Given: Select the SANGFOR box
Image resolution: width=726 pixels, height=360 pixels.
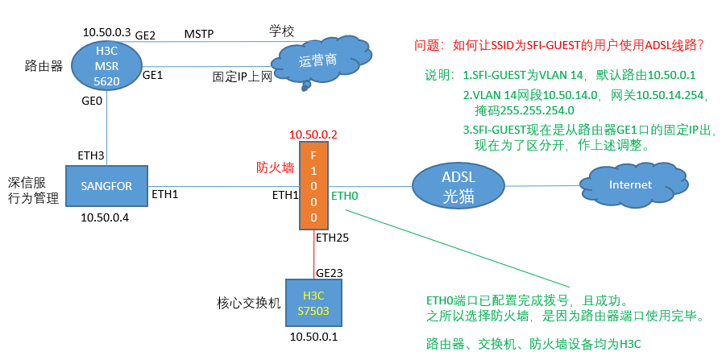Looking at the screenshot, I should (x=106, y=186).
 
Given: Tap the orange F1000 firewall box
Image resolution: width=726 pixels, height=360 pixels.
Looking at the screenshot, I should (x=313, y=184).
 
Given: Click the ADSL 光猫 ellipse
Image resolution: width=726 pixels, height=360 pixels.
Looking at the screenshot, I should (x=453, y=186).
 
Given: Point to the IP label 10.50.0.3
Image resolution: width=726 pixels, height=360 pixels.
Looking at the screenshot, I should (x=106, y=32).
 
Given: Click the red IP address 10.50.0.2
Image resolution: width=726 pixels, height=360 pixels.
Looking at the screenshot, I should (x=313, y=134).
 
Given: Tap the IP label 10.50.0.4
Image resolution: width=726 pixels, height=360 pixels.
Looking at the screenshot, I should (x=106, y=218).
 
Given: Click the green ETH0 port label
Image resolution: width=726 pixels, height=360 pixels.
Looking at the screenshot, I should (x=345, y=195).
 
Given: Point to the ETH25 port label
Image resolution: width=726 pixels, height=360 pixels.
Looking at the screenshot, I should (x=332, y=238).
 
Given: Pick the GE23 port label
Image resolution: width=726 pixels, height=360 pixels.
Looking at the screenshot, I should (x=330, y=273).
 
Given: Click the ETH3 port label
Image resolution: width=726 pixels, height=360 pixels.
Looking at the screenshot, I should (x=90, y=155).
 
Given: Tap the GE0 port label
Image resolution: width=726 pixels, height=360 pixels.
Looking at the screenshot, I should (x=92, y=102).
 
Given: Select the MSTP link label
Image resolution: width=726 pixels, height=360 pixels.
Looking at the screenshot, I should (x=199, y=34).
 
